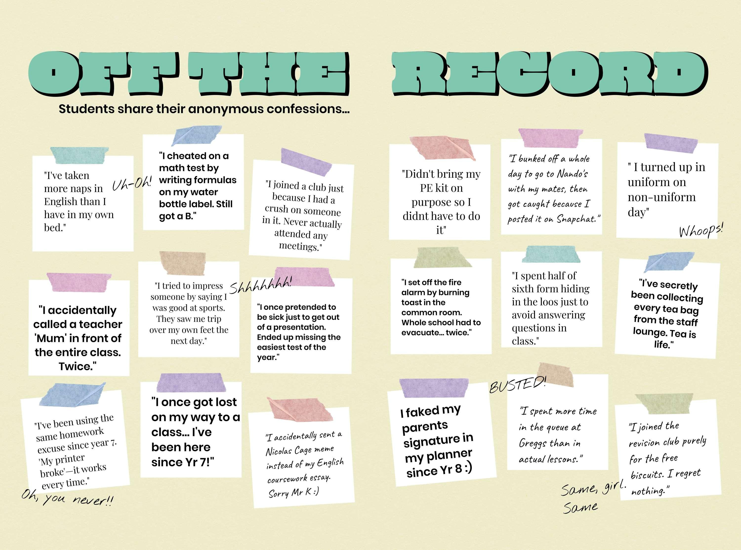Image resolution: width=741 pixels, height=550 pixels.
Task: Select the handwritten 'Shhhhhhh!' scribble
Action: coord(260,285)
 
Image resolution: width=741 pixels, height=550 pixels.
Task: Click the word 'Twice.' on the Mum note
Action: coord(78,366)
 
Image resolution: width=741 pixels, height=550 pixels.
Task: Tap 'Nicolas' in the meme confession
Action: coord(278,452)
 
